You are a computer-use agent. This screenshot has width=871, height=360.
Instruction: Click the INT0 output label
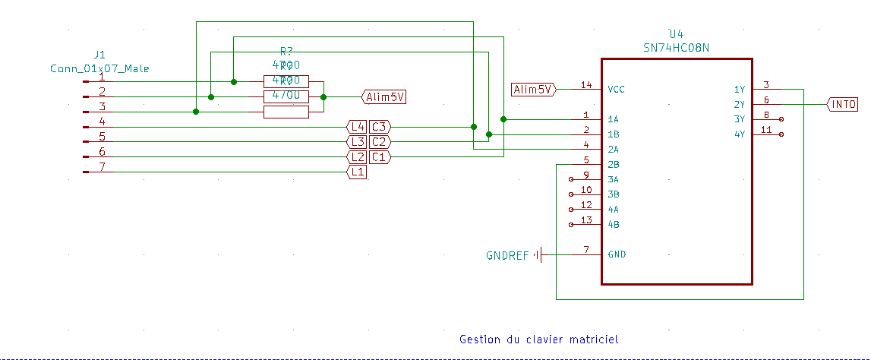[842, 104]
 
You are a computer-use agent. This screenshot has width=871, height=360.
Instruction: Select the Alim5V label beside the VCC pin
[533, 89]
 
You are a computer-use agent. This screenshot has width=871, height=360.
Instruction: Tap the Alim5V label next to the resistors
[384, 96]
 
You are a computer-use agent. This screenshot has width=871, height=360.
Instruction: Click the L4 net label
[357, 127]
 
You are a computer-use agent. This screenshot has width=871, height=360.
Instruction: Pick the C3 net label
[380, 127]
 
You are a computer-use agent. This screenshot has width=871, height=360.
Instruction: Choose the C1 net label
[380, 157]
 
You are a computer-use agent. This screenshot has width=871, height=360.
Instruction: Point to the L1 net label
[357, 172]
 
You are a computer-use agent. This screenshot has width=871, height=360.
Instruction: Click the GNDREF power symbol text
[507, 255]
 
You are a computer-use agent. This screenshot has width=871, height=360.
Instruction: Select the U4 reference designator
[676, 34]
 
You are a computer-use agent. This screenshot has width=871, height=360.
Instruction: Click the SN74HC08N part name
[676, 47]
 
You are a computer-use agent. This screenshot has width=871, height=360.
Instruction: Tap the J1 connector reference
[99, 55]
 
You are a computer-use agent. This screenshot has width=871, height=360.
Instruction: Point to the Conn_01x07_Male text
[99, 68]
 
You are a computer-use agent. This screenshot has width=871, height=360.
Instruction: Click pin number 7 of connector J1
[102, 166]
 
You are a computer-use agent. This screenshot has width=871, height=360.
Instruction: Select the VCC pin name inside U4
[617, 89]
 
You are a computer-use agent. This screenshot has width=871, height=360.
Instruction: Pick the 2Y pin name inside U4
[739, 104]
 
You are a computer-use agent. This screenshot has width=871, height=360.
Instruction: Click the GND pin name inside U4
[617, 254]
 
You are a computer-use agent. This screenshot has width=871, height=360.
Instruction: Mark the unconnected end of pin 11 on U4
[781, 134]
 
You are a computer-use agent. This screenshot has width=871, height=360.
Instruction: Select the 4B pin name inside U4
[614, 224]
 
